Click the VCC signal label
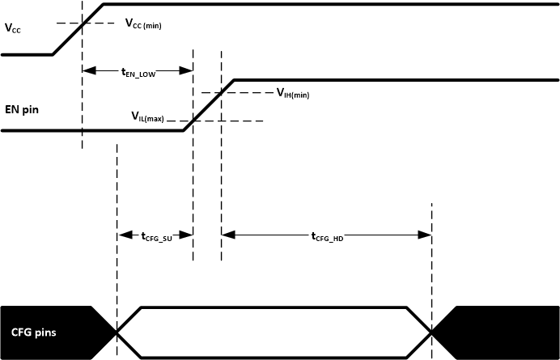click(x=14, y=29)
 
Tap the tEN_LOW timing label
click(x=138, y=72)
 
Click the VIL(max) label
click(x=148, y=117)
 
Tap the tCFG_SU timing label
click(x=155, y=236)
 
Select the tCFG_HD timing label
click(x=328, y=236)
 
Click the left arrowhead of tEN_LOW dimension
click(x=87, y=71)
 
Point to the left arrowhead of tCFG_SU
click(x=123, y=235)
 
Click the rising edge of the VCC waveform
click(x=78, y=29)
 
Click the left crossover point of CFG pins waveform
click(x=117, y=332)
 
